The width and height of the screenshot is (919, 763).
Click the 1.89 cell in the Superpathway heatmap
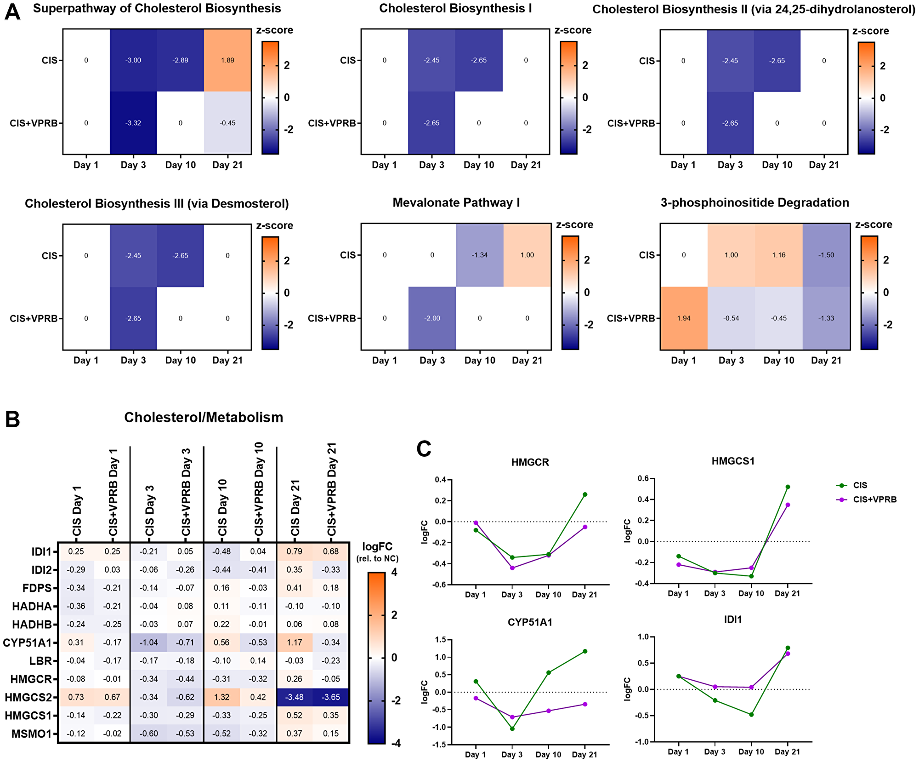[x=227, y=60]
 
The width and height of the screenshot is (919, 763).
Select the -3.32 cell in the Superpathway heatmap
[x=133, y=123]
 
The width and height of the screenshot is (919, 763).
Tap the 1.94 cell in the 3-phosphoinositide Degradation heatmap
[x=684, y=318]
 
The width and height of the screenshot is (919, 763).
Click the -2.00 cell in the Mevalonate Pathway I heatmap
[x=432, y=318]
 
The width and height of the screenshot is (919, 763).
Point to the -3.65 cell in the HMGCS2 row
[x=331, y=697]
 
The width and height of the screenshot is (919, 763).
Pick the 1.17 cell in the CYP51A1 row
[x=295, y=642]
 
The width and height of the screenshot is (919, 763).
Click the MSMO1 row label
[x=31, y=734]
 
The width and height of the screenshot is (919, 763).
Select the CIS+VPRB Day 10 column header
[x=259, y=490]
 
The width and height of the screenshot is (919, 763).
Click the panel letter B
[x=13, y=419]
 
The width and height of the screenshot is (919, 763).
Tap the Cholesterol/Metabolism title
[x=204, y=417]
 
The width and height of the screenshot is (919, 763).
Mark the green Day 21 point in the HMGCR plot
[x=585, y=494]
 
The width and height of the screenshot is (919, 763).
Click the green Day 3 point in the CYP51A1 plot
[x=512, y=729]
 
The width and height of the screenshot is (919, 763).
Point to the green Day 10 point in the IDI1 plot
[x=751, y=714]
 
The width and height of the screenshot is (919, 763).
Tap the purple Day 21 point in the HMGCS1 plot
[x=788, y=505]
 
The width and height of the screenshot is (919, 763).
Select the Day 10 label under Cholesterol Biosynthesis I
[x=479, y=165]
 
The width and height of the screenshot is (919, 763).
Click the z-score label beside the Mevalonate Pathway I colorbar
[x=574, y=225]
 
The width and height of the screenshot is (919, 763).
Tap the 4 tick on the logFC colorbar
[x=394, y=573]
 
